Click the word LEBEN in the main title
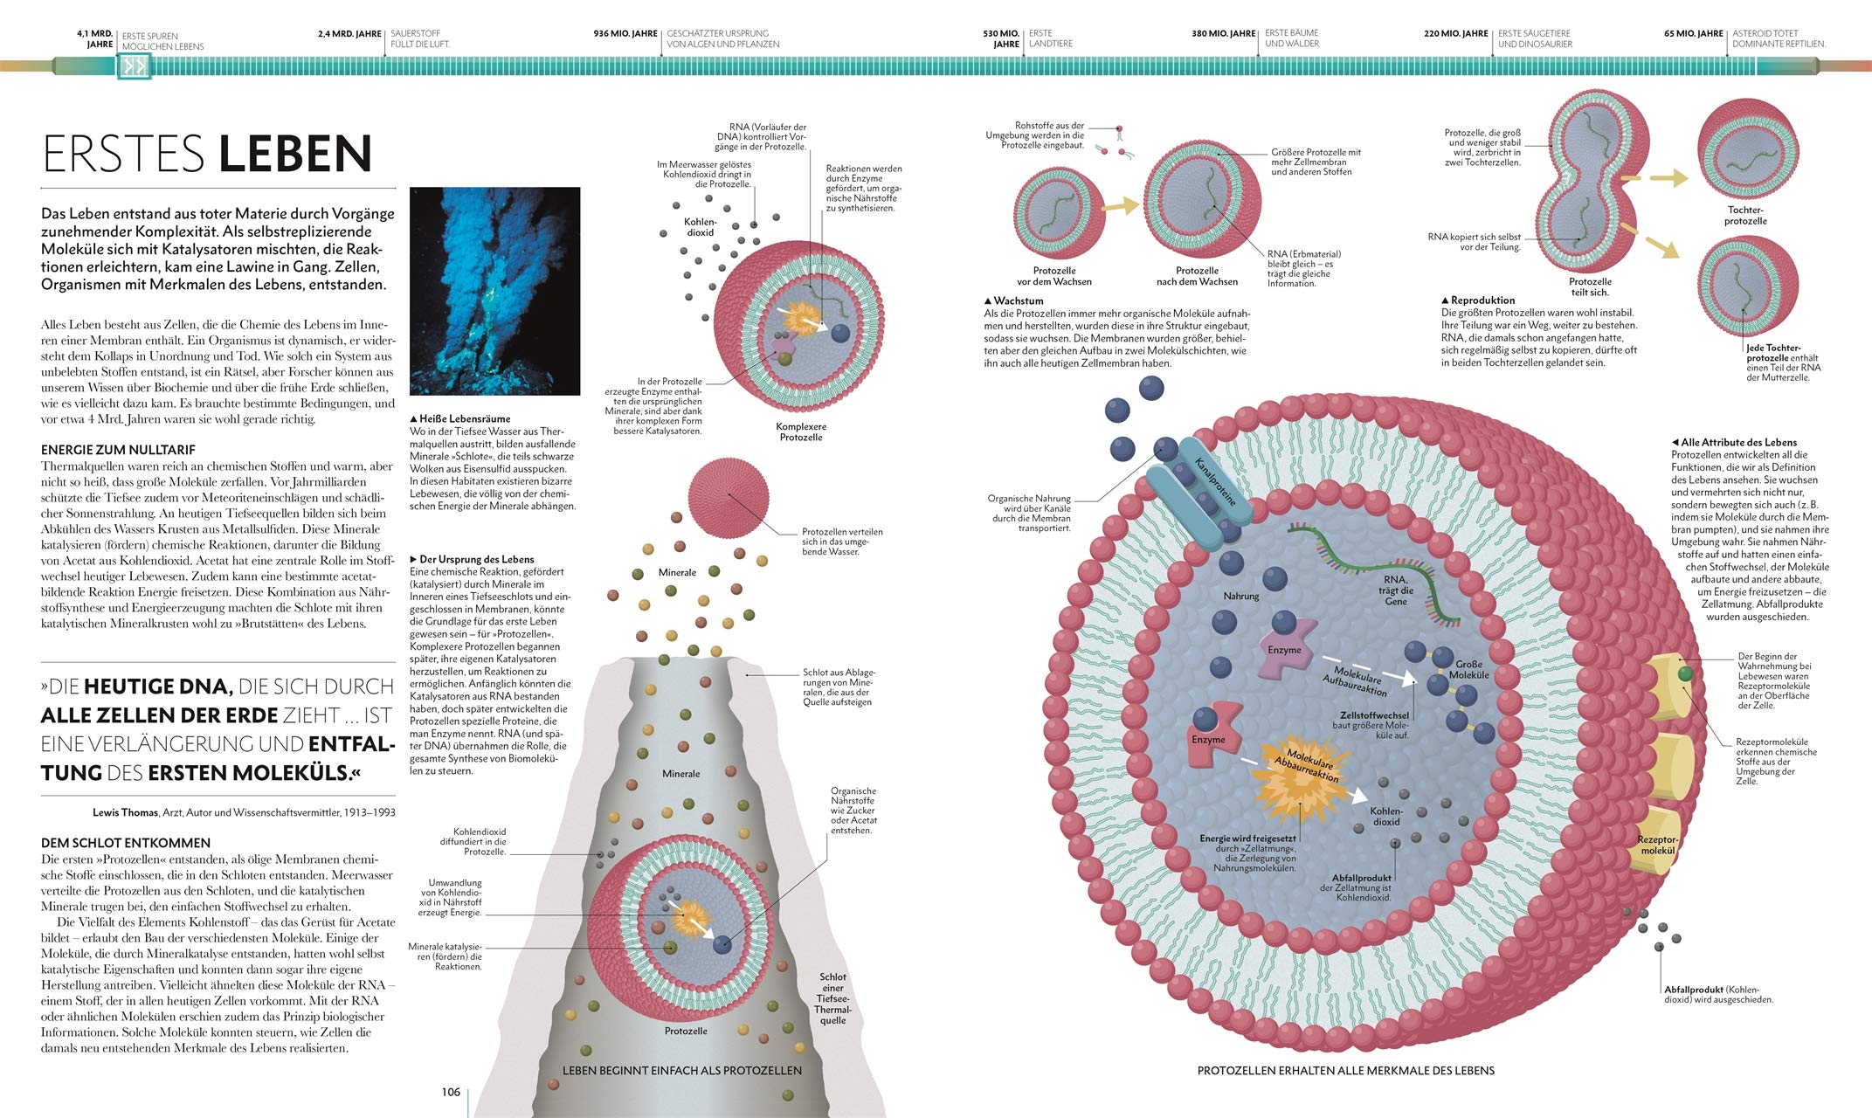(295, 154)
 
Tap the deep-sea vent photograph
(494, 291)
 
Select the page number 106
(451, 1092)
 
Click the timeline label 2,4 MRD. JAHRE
(349, 34)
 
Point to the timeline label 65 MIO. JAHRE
(1694, 34)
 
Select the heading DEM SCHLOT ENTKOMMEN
(126, 843)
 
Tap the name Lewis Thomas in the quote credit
(126, 812)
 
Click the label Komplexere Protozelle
(801, 431)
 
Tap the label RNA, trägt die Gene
(1396, 590)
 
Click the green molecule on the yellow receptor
(1684, 673)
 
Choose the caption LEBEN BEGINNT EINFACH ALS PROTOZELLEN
(682, 1070)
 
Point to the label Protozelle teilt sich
(1590, 287)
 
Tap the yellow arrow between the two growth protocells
(1120, 206)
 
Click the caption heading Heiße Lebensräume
(460, 419)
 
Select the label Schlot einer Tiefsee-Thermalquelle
(832, 998)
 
